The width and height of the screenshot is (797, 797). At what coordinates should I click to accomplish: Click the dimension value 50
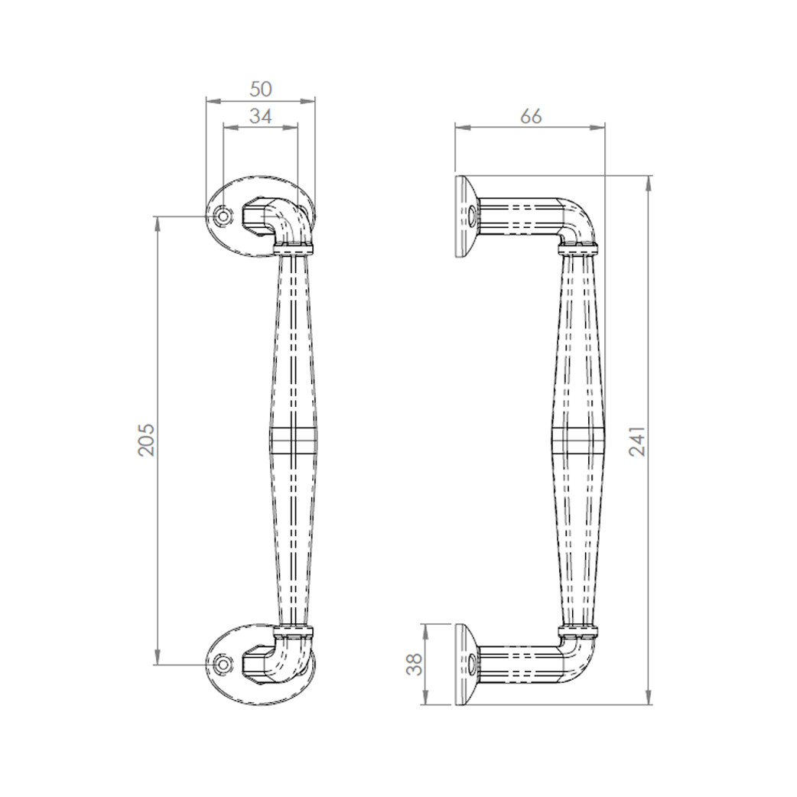pos(261,89)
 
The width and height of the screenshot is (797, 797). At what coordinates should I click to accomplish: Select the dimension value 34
pos(261,116)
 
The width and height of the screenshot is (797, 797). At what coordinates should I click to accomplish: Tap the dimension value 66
pos(530,116)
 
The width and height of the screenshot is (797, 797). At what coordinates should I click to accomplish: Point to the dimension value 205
pos(146,440)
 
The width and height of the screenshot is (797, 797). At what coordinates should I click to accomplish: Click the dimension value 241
pos(637,441)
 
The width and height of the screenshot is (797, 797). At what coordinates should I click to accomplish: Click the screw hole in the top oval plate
pos(223,216)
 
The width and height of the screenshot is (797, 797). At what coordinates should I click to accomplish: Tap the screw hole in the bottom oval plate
pos(223,665)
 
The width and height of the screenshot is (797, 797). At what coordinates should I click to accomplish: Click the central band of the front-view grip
pos(293,441)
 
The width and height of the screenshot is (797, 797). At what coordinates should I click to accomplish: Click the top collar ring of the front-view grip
pos(294,248)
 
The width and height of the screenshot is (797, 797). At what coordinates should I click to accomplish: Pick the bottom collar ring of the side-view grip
pos(578,632)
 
